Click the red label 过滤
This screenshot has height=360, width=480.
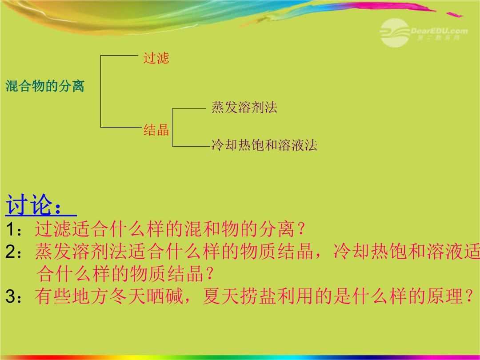tap(156, 58)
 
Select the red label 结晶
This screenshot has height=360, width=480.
tap(156, 130)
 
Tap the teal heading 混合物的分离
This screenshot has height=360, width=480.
tap(45, 86)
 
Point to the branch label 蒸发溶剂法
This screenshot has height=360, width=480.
tap(244, 108)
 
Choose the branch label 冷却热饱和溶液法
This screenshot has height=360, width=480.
tap(264, 145)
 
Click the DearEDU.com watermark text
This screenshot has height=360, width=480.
tap(439, 31)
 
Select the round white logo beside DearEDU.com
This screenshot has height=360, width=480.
tap(395, 33)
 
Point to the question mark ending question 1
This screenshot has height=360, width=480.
tap(301, 229)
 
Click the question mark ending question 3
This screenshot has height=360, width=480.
tap(469, 296)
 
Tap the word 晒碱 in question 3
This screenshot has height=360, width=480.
tap(165, 296)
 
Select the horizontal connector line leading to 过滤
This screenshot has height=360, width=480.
tap(120, 56)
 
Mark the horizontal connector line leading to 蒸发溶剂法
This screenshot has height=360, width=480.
tap(189, 108)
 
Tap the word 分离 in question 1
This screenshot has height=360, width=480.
tap(277, 229)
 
